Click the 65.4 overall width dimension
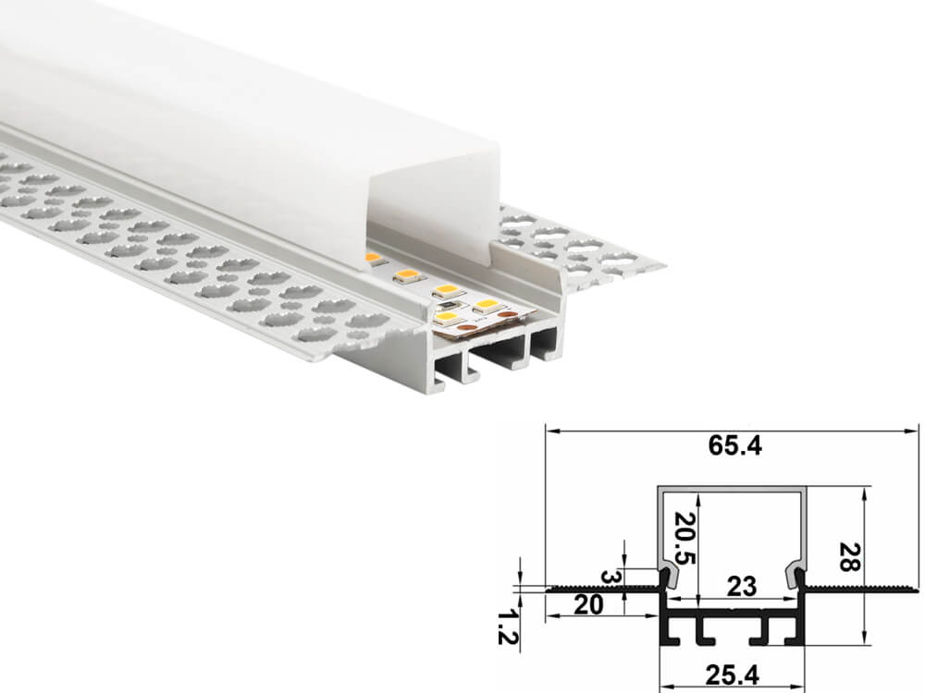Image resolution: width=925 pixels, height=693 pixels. (734, 446)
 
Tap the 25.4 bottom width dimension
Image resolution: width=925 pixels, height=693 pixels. (732, 675)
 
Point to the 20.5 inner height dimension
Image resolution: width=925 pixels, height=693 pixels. (684, 538)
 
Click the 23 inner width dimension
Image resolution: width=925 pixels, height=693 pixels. (742, 587)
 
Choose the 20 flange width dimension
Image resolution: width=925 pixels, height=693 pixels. (588, 604)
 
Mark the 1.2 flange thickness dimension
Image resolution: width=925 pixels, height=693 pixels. (507, 627)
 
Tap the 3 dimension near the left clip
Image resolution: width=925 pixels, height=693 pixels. (610, 576)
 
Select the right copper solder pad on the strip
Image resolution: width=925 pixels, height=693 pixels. (505, 315)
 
